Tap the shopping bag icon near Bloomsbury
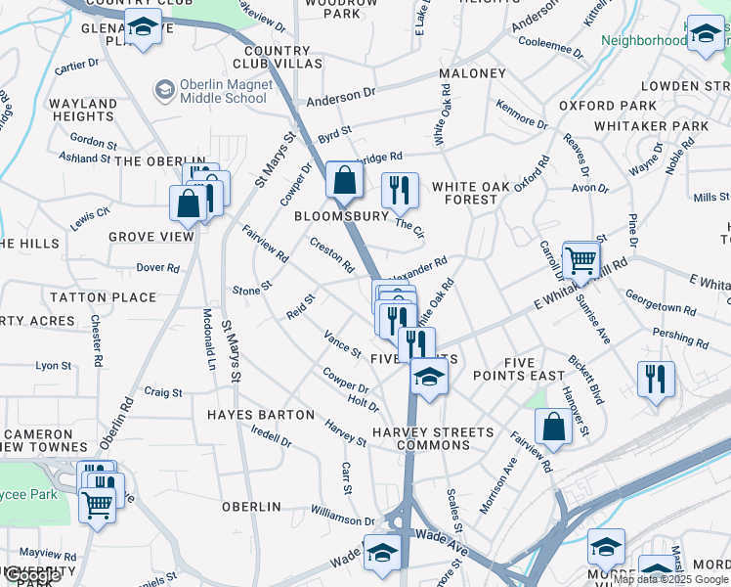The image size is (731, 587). (344, 181)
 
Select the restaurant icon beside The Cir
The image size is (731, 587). (399, 191)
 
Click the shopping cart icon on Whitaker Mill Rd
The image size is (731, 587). (580, 261)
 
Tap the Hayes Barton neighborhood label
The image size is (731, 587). (261, 415)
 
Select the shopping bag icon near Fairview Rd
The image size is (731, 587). (553, 428)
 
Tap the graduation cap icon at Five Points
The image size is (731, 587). (428, 376)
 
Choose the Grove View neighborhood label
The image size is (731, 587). (151, 237)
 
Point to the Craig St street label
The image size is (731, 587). (163, 391)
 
